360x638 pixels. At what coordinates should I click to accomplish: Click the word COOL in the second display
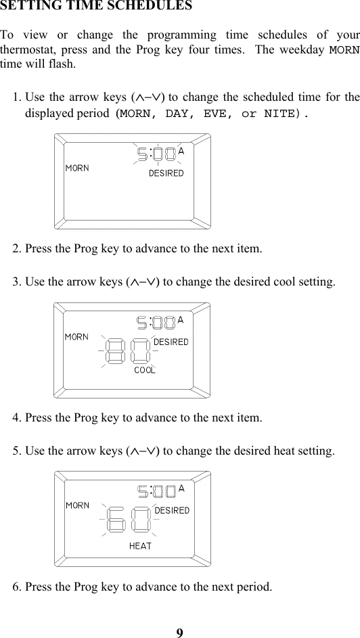145,370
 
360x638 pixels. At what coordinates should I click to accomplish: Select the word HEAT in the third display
140,545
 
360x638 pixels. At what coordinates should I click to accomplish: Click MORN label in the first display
76,168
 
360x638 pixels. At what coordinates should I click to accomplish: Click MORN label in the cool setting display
76,336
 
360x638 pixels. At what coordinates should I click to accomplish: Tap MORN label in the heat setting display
77,505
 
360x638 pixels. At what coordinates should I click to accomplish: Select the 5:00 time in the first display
156,155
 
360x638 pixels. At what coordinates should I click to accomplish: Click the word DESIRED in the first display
166,173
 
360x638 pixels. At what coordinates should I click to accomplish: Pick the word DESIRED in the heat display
172,510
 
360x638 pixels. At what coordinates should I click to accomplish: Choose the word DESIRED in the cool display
171,342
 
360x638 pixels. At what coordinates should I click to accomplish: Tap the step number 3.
16,281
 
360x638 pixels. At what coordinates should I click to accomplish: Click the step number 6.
16,586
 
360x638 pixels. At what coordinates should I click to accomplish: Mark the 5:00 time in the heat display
156,491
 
